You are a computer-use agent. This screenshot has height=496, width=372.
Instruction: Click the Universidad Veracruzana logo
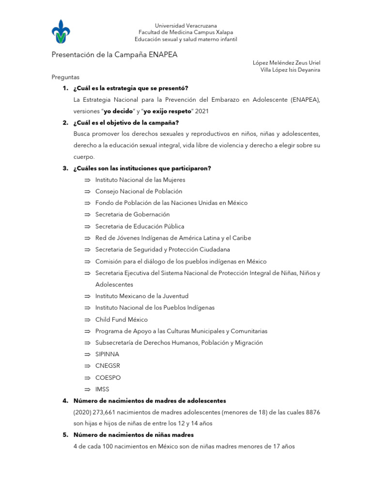point(64,32)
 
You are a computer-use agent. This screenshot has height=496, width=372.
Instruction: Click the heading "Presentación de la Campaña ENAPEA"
point(115,55)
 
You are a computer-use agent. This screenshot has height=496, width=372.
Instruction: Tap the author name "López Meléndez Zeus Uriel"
point(286,62)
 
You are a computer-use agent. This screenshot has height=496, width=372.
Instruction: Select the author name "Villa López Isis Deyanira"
point(290,70)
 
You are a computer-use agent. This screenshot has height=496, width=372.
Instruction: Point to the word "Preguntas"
point(65,77)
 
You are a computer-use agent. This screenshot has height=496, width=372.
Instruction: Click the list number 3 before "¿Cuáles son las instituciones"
point(65,168)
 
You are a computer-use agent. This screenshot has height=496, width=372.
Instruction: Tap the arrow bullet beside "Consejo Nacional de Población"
point(87,191)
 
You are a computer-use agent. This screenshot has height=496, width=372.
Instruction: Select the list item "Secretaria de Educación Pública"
point(139,226)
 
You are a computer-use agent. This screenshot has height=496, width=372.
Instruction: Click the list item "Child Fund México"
point(121,320)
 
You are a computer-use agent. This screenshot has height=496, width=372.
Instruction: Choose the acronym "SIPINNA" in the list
point(107,355)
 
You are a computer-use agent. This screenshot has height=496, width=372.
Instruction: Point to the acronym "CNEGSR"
point(108,366)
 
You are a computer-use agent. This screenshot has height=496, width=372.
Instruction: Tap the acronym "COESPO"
point(108,378)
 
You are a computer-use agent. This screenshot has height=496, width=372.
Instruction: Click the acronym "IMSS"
point(102,389)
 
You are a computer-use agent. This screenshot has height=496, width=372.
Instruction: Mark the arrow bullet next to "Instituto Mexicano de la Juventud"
point(87,296)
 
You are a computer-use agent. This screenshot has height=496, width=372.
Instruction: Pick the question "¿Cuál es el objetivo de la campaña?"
point(126,123)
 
